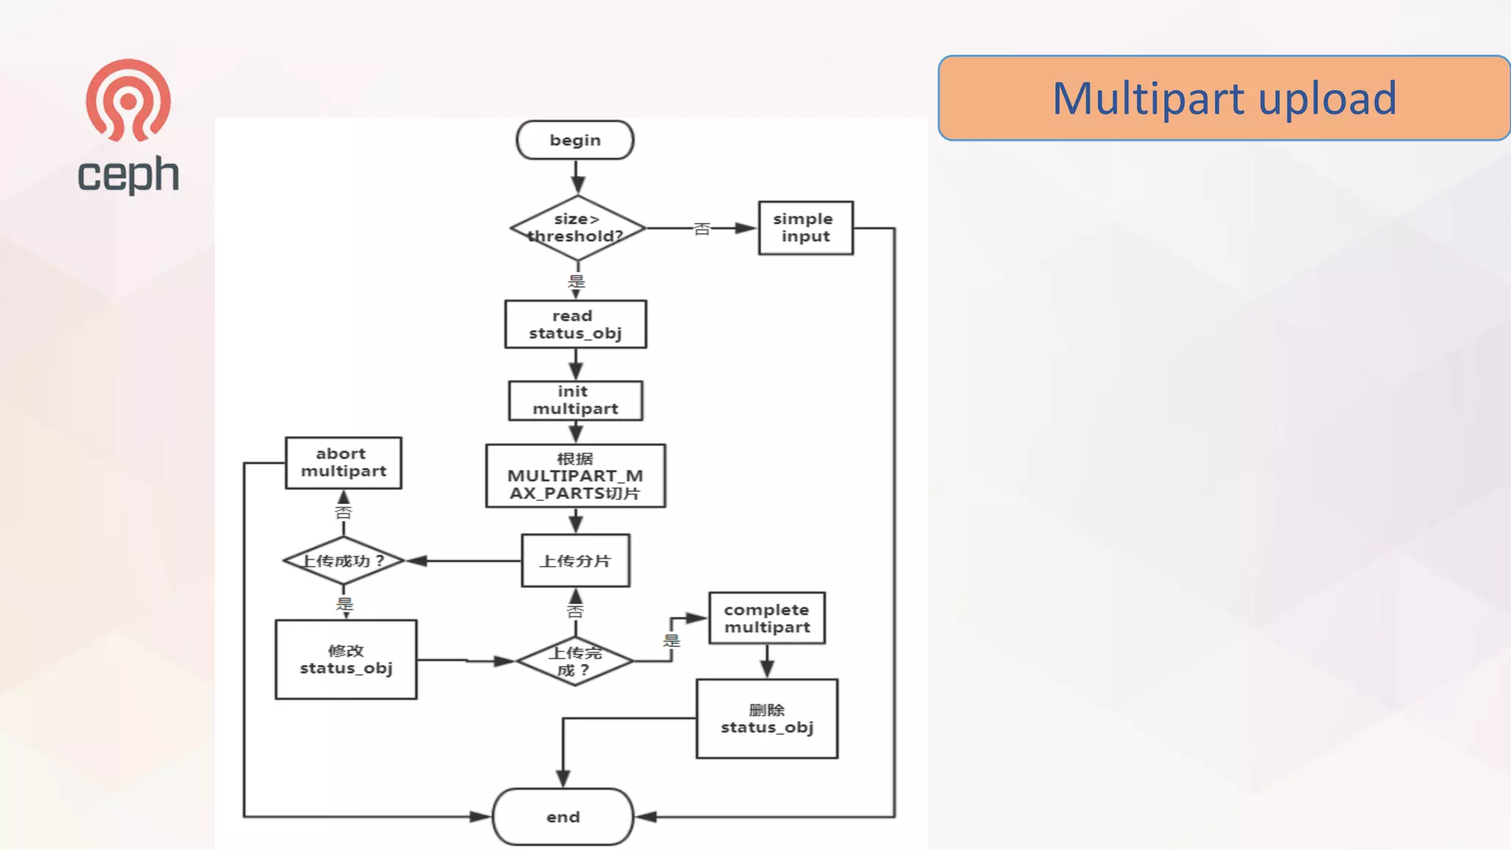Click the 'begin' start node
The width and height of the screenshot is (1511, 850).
pos(575,140)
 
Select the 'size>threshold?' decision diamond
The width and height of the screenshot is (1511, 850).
pos(577,228)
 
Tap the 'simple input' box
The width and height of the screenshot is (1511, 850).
pos(806,228)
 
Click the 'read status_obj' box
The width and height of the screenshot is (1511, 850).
pos(575,324)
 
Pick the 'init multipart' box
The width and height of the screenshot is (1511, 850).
pos(575,400)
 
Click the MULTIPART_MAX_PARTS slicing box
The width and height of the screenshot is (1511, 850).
pos(575,476)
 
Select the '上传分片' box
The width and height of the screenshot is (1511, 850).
pos(575,561)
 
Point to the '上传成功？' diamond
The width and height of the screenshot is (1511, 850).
pos(344,561)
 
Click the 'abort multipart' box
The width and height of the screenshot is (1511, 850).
pos(344,463)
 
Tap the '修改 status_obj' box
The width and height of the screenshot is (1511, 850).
pos(346,660)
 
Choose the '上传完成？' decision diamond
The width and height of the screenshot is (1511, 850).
pos(575,661)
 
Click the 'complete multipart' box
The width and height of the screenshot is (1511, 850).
pos(767,618)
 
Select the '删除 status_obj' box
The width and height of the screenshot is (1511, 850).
pos(767,719)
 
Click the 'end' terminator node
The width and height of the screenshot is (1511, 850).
pos(563,817)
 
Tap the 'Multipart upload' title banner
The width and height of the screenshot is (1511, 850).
pos(1224,98)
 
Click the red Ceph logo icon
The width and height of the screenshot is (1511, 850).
pos(128,100)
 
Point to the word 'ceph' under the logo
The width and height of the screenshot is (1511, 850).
pos(128,176)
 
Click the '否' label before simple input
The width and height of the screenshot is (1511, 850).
pos(702,229)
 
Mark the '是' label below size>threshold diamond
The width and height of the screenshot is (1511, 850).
pos(576,281)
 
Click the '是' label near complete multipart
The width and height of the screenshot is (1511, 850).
pos(671,640)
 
